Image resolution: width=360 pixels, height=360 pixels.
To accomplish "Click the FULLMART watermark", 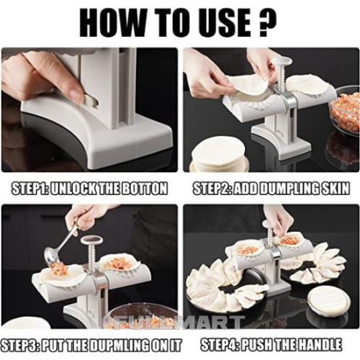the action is (177, 323).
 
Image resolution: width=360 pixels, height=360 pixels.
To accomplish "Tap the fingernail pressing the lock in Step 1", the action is (76, 93).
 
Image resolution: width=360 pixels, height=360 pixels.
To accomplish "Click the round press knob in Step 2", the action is (282, 61).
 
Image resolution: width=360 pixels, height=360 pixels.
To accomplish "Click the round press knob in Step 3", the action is (92, 240).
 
